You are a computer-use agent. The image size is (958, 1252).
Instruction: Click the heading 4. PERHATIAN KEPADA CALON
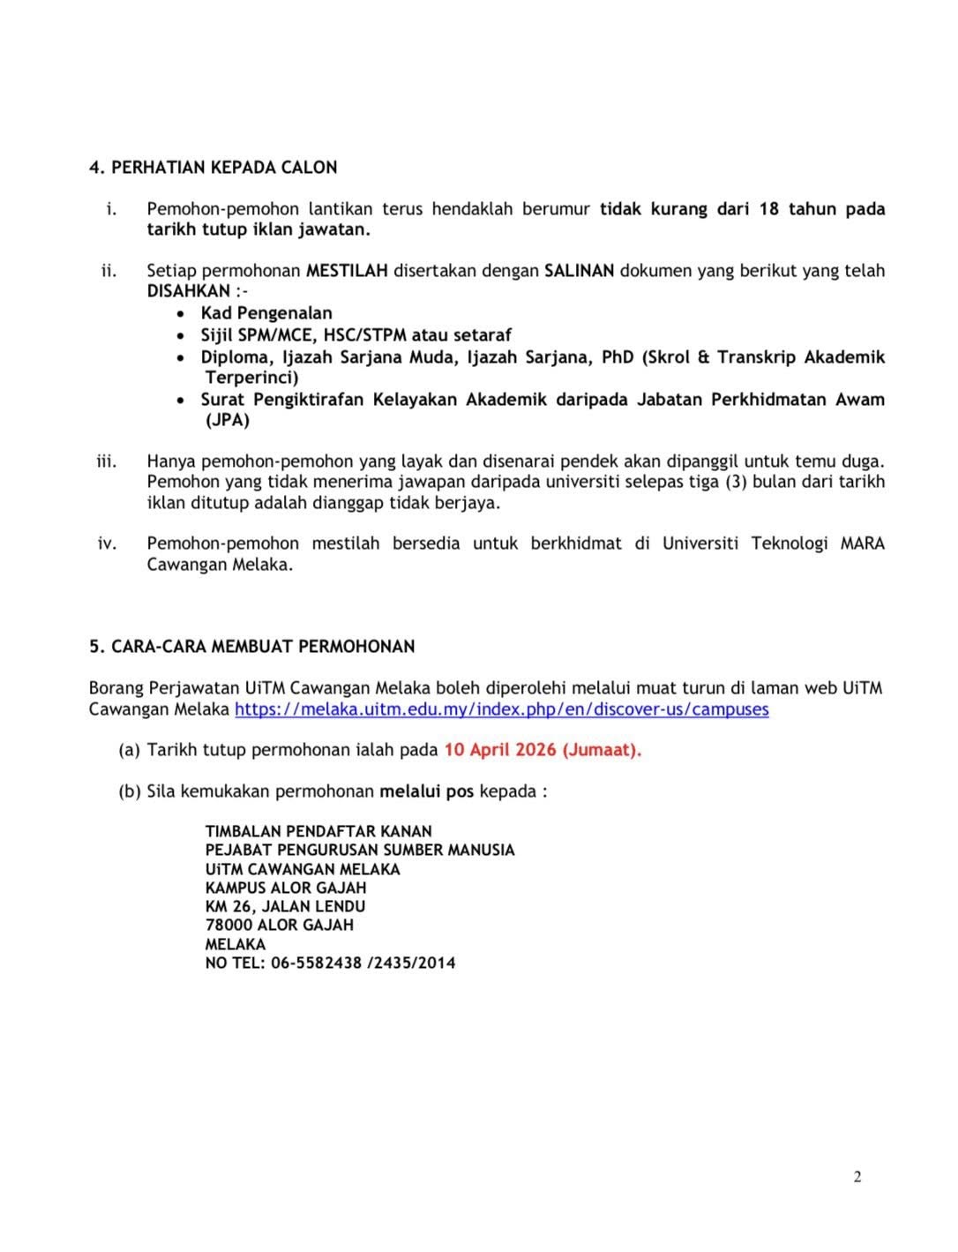[213, 168]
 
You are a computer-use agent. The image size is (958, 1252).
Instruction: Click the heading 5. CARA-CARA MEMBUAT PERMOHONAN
[251, 647]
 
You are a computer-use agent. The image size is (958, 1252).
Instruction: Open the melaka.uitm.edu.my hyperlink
[501, 709]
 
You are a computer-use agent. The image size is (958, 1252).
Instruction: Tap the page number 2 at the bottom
[857, 1176]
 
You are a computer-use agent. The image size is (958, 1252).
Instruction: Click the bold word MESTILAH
[347, 271]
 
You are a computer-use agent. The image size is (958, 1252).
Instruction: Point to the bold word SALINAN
[579, 271]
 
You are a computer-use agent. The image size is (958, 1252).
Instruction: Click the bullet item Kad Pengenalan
[266, 313]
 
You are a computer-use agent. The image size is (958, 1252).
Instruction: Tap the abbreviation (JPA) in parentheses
[228, 420]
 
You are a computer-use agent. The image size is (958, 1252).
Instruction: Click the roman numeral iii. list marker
[107, 461]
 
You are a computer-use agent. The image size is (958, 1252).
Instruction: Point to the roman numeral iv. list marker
[107, 544]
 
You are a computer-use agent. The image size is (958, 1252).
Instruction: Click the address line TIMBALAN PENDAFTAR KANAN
[318, 831]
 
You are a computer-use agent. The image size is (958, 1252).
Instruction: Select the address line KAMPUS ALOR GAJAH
[286, 888]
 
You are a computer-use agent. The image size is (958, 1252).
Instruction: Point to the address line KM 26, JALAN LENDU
[285, 906]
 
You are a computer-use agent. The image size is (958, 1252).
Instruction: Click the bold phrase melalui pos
[427, 791]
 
